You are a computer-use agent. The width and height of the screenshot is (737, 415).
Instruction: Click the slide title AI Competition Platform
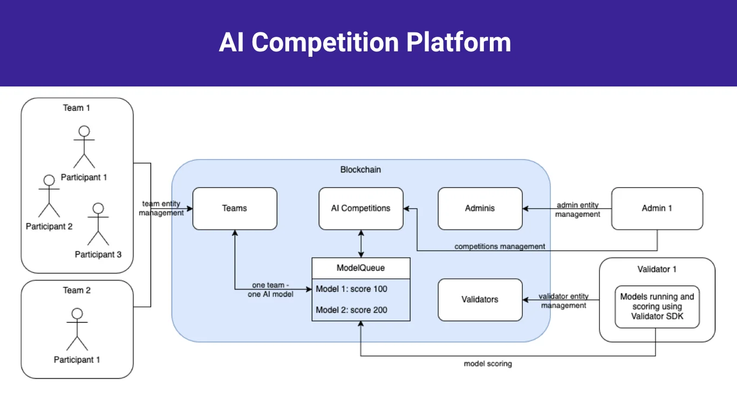tap(365, 43)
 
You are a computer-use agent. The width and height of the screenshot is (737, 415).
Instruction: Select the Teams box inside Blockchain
tap(235, 208)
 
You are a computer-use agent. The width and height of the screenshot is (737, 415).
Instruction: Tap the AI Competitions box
tap(360, 208)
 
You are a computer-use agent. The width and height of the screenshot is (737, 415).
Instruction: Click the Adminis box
tap(480, 208)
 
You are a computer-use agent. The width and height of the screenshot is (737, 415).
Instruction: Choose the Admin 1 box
tap(657, 208)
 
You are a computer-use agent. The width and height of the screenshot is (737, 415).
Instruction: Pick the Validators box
tap(480, 299)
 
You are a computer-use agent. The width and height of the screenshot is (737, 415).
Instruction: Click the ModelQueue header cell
tap(360, 267)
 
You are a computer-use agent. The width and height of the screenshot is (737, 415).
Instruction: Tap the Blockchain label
tap(360, 170)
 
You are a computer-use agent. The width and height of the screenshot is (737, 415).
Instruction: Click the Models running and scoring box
tap(657, 306)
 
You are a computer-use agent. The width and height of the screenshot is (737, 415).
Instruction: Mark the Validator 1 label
tap(657, 269)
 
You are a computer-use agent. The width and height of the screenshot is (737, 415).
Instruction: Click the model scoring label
tap(488, 364)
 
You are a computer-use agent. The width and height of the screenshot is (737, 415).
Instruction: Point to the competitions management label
tap(500, 246)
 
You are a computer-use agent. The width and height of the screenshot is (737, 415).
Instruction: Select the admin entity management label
tap(577, 210)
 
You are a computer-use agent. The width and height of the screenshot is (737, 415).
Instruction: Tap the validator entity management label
tap(563, 301)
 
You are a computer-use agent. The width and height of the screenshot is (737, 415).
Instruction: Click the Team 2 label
tap(77, 290)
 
